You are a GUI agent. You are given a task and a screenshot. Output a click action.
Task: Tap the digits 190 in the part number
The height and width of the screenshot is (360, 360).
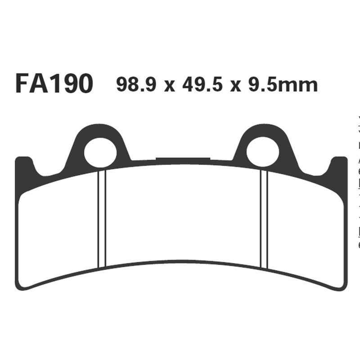72,84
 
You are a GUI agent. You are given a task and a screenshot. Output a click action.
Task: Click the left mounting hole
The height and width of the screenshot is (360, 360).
100,152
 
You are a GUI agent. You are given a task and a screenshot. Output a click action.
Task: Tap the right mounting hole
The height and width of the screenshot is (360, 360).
263,152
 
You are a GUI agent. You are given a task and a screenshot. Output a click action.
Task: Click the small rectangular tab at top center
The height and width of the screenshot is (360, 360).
183,158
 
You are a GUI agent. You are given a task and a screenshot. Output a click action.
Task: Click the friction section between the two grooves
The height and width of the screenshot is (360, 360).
183,211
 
